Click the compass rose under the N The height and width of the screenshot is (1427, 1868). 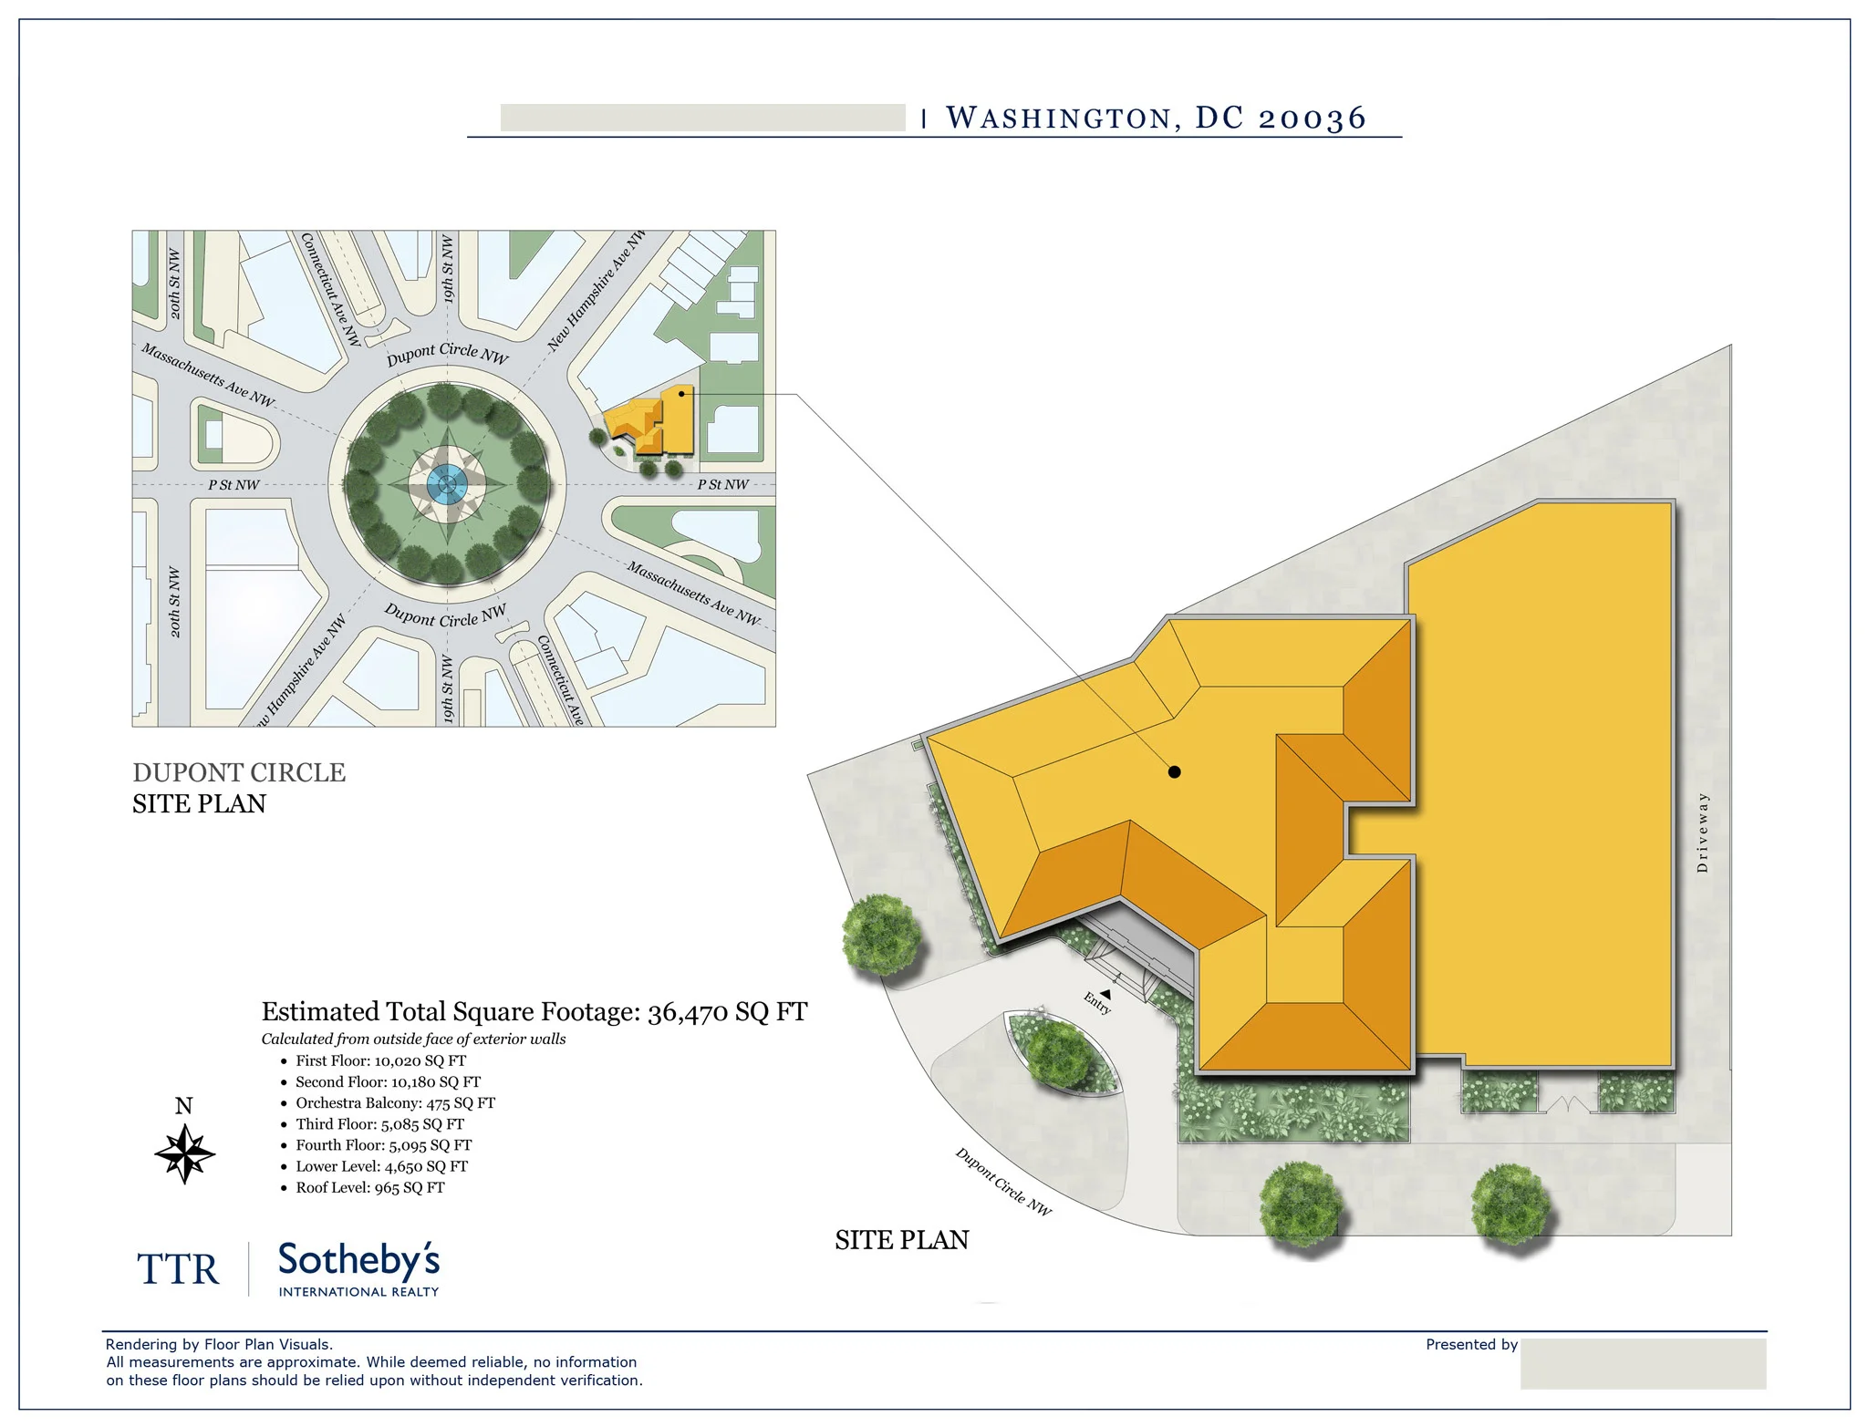click(184, 1153)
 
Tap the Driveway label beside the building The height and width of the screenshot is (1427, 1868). click(1702, 832)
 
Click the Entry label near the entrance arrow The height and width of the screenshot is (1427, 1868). click(1097, 1003)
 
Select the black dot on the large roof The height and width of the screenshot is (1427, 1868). click(1175, 772)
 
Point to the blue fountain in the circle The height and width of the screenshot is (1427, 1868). click(446, 484)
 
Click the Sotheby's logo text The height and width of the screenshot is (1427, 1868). click(358, 1260)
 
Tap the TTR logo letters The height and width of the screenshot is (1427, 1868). click(178, 1269)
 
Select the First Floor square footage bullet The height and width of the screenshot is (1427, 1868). click(380, 1060)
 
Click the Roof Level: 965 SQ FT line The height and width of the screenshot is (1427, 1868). click(369, 1187)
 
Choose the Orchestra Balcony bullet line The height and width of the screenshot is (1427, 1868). click(395, 1102)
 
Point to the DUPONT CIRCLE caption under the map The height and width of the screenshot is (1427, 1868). click(239, 772)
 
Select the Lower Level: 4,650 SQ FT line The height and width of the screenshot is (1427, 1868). click(381, 1166)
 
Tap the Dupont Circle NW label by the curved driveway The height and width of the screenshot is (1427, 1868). click(1003, 1182)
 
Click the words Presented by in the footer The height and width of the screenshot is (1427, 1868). click(1471, 1344)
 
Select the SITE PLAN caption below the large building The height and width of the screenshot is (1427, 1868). click(902, 1240)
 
